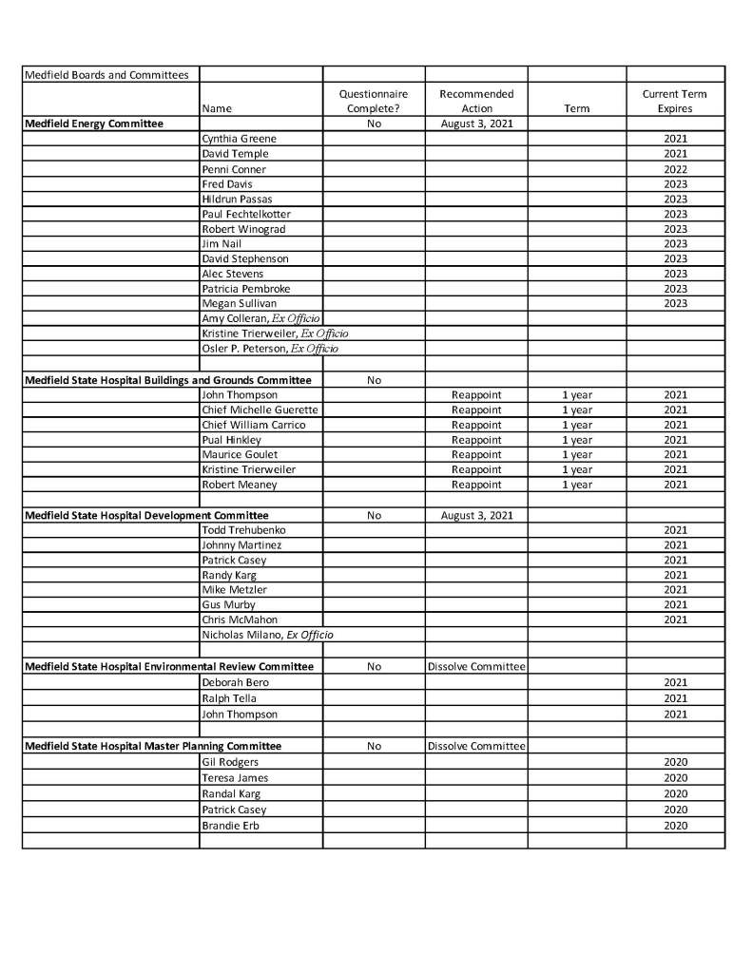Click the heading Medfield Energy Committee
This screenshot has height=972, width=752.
point(94,124)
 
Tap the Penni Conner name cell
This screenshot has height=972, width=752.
point(234,169)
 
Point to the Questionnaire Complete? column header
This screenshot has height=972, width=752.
point(374,102)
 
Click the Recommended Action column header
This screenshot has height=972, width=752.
point(476,102)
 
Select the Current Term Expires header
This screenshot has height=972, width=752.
point(675,102)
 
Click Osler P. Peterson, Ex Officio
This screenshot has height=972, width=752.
point(270,349)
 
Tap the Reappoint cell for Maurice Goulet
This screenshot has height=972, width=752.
point(476,454)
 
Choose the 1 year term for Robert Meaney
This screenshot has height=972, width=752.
point(576,485)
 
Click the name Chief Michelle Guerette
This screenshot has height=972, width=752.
point(260,410)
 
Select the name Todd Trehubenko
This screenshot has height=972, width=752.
point(243,529)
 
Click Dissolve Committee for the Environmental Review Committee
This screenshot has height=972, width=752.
point(476,666)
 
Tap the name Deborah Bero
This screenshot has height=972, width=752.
point(235,682)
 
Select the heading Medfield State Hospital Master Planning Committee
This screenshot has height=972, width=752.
point(153,746)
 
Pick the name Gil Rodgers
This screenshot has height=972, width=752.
point(230,762)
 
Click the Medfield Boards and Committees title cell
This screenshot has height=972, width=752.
point(106,74)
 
